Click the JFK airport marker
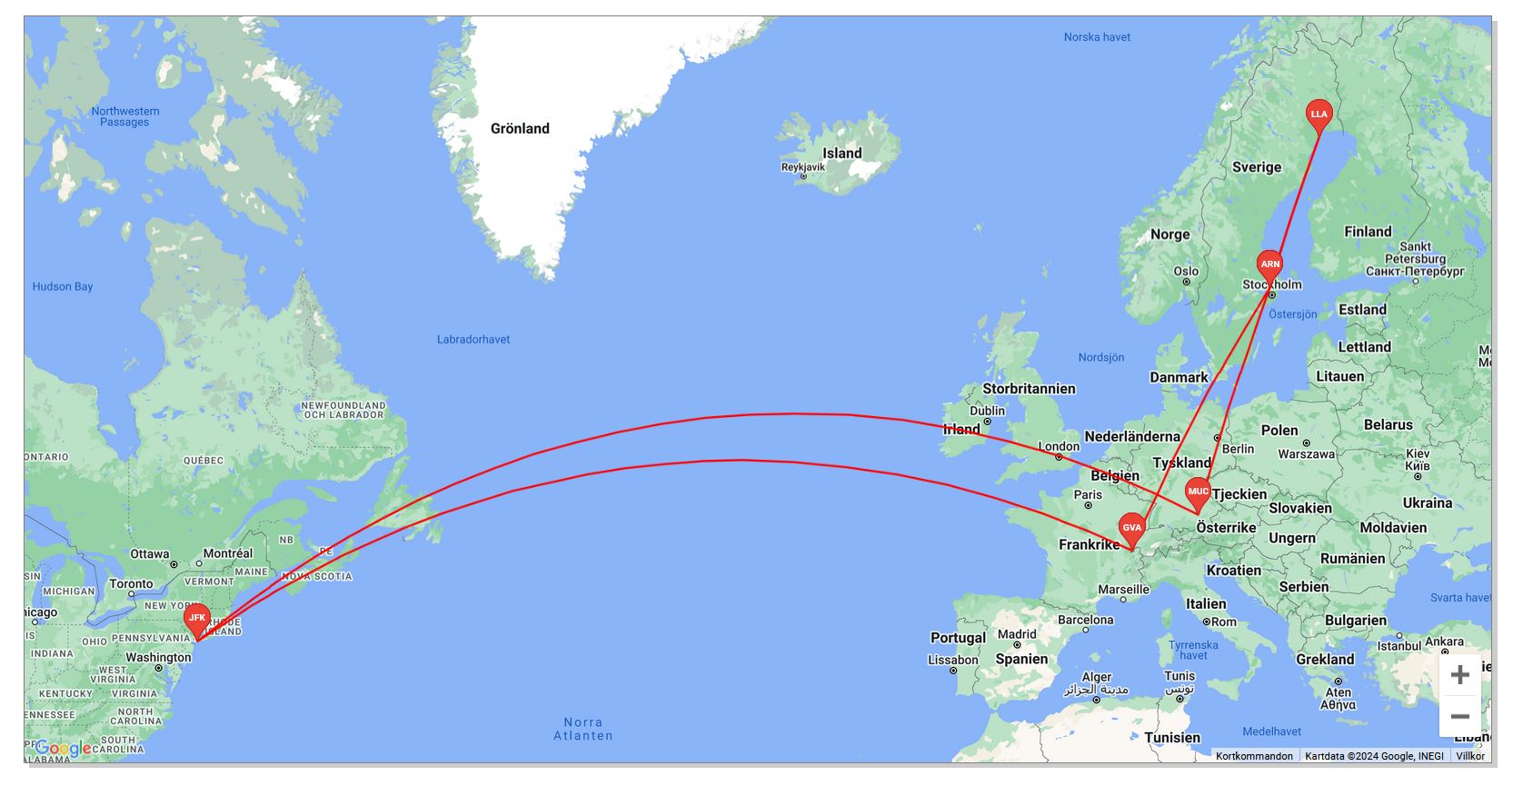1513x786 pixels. tap(197, 619)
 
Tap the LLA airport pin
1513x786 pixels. tap(1319, 114)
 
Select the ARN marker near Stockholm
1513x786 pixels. tap(1269, 265)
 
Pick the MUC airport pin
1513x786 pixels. tap(1198, 492)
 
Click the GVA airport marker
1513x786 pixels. tap(1131, 528)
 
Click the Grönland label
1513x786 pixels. tap(520, 129)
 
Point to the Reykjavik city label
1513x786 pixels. tap(803, 167)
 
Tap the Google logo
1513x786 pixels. tap(63, 748)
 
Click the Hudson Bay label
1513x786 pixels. tap(63, 287)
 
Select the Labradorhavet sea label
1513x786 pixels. tap(473, 340)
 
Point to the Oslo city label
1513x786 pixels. tap(1186, 271)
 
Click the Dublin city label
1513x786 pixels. tap(988, 411)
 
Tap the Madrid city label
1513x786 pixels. tap(1017, 634)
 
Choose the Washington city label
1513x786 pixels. tap(158, 657)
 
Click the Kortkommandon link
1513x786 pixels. tap(1254, 756)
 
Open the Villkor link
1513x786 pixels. tap(1469, 756)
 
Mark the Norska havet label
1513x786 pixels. tap(1097, 37)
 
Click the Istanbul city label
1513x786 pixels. tap(1399, 646)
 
